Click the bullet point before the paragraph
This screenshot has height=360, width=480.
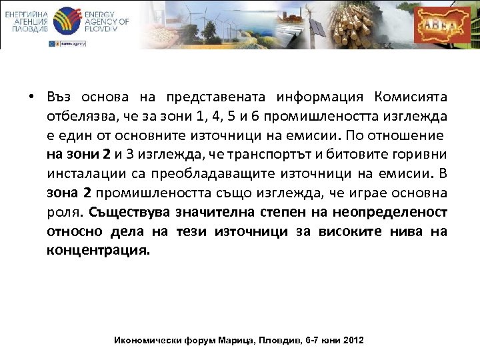[31, 98]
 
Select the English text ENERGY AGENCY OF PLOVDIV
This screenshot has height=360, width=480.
[107, 22]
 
